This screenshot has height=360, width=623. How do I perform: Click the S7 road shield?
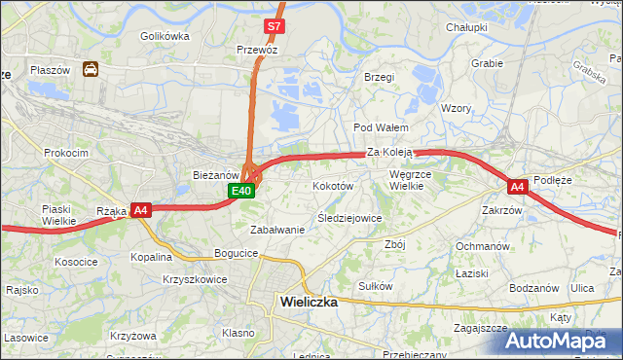(x=275, y=26)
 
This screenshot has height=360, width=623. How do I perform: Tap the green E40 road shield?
(x=242, y=191)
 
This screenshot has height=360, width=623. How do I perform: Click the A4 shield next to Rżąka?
(x=141, y=209)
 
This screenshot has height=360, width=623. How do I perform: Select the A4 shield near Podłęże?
(x=517, y=186)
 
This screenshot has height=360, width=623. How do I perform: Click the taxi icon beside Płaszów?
(x=91, y=69)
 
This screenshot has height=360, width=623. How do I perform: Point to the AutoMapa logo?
(x=564, y=342)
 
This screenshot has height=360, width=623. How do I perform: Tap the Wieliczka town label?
(x=308, y=302)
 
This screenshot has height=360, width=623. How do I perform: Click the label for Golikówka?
(x=164, y=36)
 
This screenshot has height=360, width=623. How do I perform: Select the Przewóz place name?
(x=257, y=48)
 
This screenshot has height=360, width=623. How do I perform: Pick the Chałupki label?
(x=466, y=27)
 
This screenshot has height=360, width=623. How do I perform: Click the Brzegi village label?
(x=378, y=77)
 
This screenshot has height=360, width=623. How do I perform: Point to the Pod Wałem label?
(x=381, y=127)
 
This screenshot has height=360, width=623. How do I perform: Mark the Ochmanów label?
(x=483, y=246)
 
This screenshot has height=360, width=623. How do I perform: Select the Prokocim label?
(x=65, y=153)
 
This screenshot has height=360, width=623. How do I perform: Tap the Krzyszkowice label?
(x=196, y=279)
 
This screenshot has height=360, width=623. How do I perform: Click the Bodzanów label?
(x=533, y=288)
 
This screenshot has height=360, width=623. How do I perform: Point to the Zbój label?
(x=394, y=244)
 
